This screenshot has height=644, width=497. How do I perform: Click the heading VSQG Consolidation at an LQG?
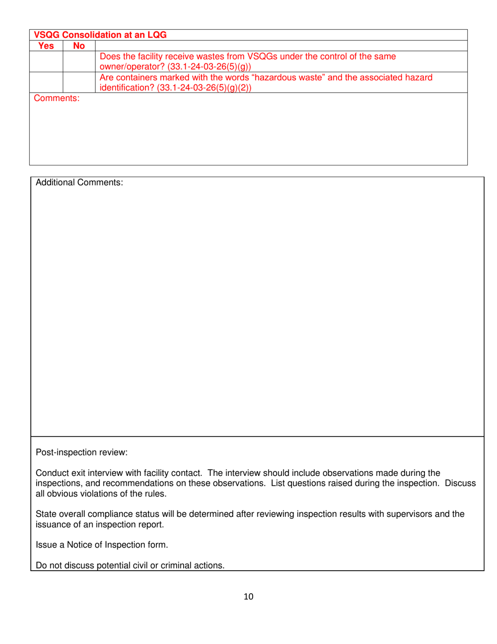100,35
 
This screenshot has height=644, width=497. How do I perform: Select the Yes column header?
46,46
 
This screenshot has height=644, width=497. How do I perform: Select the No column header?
79,46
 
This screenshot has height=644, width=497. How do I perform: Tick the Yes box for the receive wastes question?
46,61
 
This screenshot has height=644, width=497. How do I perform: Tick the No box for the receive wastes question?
79,61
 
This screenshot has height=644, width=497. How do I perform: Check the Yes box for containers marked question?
46,83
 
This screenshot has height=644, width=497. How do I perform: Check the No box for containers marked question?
79,83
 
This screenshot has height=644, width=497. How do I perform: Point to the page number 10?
248,596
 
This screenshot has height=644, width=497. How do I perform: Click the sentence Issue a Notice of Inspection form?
101,545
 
